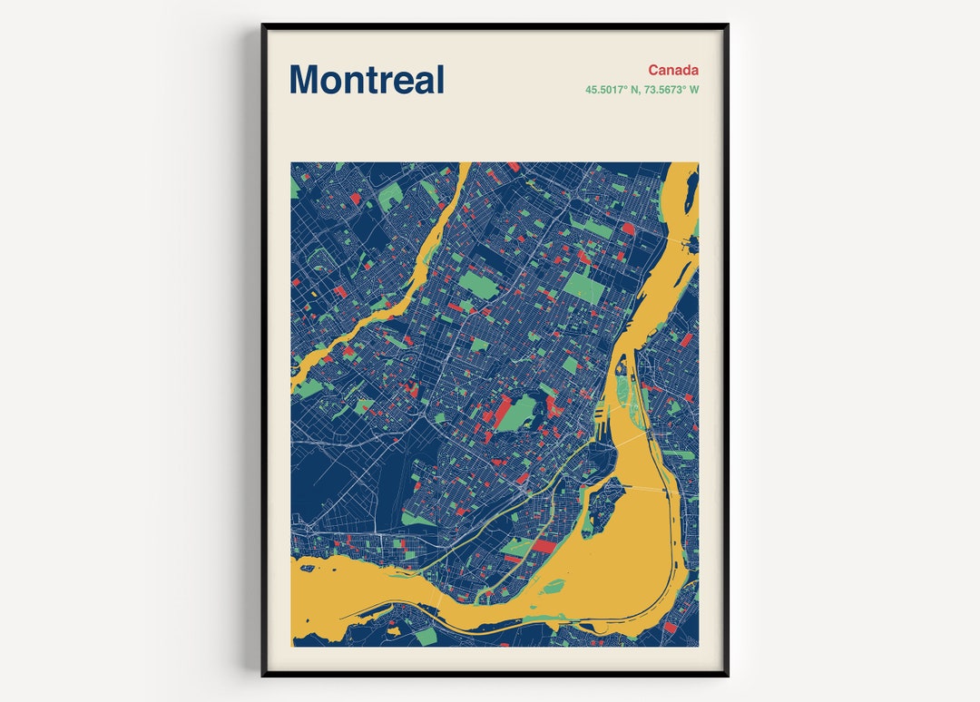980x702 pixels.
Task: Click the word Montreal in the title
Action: coord(367,80)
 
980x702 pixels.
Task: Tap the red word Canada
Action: coord(673,70)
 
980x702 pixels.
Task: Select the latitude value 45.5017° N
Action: coord(612,90)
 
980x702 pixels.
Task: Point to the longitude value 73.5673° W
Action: coord(671,90)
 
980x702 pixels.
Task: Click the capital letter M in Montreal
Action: coord(305,80)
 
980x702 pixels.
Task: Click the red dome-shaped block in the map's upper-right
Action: coord(628,229)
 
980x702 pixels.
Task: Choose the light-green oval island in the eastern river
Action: coord(623,389)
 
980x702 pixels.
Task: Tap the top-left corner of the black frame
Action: coord(263,25)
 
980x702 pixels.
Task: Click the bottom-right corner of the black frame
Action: coord(727,675)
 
